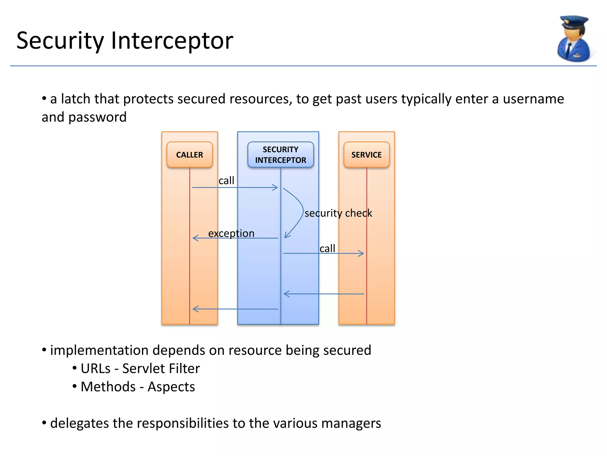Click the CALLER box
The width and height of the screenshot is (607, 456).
click(x=189, y=155)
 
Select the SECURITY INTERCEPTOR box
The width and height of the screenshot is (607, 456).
click(x=280, y=155)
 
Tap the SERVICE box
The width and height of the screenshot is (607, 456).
click(x=366, y=155)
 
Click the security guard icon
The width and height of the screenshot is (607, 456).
click(x=574, y=40)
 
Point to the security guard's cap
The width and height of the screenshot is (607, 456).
click(x=574, y=22)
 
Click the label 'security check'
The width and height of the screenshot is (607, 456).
click(x=338, y=213)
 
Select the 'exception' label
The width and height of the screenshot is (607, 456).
click(x=231, y=233)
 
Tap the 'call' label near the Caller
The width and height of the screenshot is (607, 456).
click(x=226, y=180)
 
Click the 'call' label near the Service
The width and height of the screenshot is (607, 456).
click(x=327, y=248)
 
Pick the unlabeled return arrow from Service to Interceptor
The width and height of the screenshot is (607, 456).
click(x=324, y=294)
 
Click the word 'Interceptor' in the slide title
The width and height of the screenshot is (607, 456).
click(x=172, y=41)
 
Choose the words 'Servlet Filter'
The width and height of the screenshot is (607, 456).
click(x=161, y=368)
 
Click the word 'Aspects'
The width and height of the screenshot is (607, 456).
click(x=171, y=387)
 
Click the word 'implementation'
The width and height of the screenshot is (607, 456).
click(x=99, y=350)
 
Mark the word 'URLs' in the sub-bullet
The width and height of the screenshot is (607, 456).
click(x=95, y=368)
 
